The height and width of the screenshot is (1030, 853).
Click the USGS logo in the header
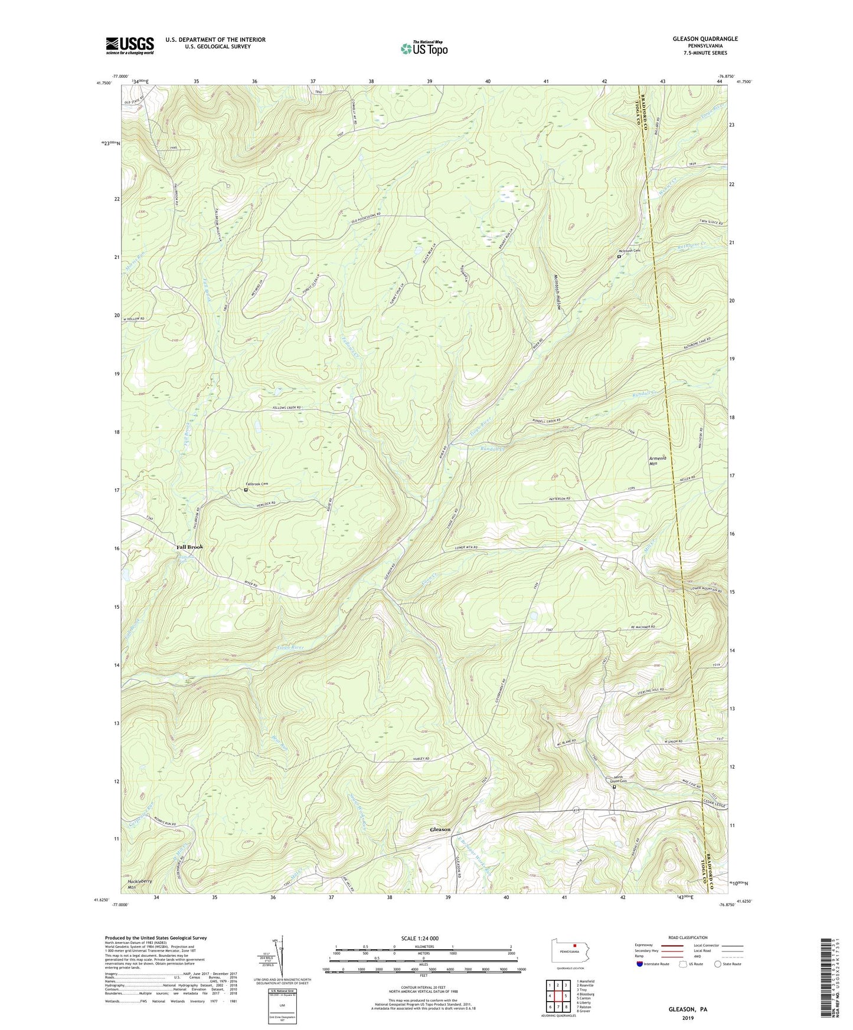pyautogui.click(x=130, y=45)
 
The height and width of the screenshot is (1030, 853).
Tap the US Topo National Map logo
pyautogui.click(x=424, y=48)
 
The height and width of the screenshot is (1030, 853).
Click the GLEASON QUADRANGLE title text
pyautogui.click(x=705, y=39)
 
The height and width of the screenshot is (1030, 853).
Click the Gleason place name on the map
pyautogui.click(x=440, y=829)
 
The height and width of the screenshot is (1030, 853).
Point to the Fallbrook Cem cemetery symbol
pyautogui.click(x=246, y=490)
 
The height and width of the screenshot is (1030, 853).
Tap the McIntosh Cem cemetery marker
pyautogui.click(x=619, y=257)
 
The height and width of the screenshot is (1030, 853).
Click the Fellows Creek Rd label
pyautogui.click(x=287, y=408)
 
